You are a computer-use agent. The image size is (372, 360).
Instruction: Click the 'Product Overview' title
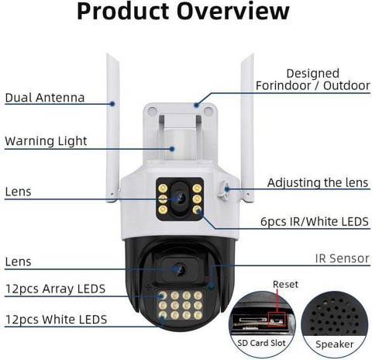pyautogui.click(x=183, y=12)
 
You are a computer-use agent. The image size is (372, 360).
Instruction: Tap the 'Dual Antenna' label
pyautogui.click(x=45, y=98)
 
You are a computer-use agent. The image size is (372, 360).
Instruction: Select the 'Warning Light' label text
pyautogui.click(x=46, y=141)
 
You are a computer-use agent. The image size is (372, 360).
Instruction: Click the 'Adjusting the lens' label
pyautogui.click(x=318, y=183)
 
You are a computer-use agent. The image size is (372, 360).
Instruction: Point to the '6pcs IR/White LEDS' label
pyautogui.click(x=315, y=222)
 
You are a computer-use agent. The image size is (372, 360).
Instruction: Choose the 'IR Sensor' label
pyautogui.click(x=343, y=258)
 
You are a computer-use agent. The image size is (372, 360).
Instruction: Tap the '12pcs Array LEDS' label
pyautogui.click(x=55, y=289)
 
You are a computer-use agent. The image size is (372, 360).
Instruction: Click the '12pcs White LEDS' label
pyautogui.click(x=56, y=320)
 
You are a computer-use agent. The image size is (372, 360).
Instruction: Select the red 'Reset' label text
pyautogui.click(x=285, y=284)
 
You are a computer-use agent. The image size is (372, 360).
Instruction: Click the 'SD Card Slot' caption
pyautogui.click(x=261, y=343)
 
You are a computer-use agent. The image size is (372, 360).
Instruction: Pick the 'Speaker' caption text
pyautogui.click(x=334, y=344)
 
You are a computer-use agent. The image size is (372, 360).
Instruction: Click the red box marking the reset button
pyautogui.click(x=277, y=319)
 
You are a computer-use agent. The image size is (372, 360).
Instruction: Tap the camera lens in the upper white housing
pyautogui.click(x=180, y=199)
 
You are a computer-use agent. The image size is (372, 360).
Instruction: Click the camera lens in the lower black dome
pyautogui.click(x=180, y=270)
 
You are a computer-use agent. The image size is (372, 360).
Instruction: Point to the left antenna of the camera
pyautogui.click(x=113, y=127)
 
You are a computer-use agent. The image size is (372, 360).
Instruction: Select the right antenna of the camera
pyautogui.click(x=247, y=127)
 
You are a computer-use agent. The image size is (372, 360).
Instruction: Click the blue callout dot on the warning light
pyautogui.click(x=172, y=149)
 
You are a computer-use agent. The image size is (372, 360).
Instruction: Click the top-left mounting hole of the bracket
pyautogui.click(x=152, y=111)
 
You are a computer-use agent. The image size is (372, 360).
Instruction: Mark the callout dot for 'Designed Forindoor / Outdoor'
pyautogui.click(x=196, y=105)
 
